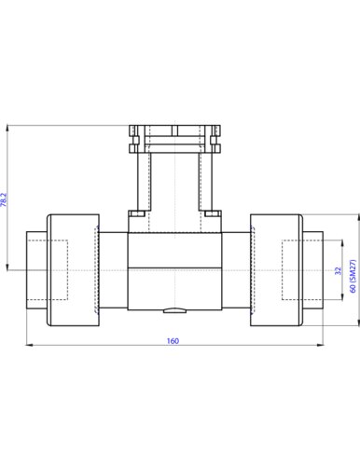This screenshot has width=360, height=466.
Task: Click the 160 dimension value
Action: (173, 341)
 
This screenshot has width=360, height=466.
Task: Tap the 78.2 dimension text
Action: (4, 199)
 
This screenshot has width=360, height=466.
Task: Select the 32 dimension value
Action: (339, 270)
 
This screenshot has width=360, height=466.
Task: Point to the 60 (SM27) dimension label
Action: (353, 276)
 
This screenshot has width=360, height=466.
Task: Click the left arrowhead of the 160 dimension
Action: (29, 345)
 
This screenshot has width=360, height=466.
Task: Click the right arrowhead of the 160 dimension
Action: (320, 345)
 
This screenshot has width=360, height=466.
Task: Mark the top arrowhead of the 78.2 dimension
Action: (7, 129)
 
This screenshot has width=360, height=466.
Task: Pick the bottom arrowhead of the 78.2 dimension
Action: (7, 267)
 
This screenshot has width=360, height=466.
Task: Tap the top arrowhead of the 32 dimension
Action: (342, 243)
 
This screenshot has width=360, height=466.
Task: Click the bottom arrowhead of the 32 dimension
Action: (342, 296)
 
